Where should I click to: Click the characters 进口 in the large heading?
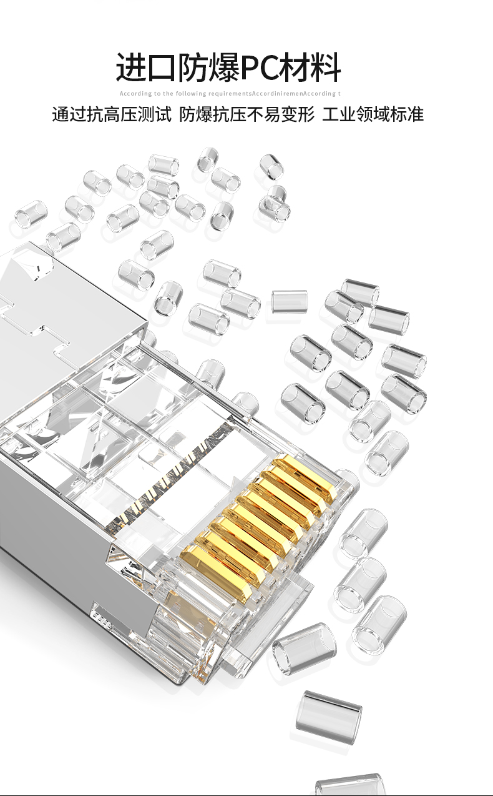tap(146, 67)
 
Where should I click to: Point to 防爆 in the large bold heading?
tap(208, 67)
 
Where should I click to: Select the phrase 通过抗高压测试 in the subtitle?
tap(112, 114)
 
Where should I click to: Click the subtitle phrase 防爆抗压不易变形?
tap(246, 114)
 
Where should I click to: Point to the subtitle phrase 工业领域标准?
tap(373, 114)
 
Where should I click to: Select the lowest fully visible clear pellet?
tap(328, 718)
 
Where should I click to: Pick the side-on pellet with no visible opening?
tap(290, 301)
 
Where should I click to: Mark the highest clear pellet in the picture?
tap(208, 159)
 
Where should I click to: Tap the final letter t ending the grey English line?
tap(339, 94)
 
